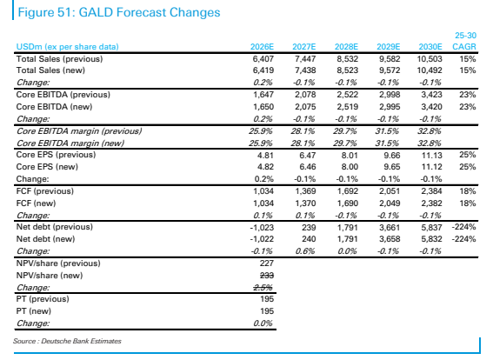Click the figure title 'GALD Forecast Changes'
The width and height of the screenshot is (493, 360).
coord(149,12)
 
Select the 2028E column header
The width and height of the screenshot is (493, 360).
coord(346,47)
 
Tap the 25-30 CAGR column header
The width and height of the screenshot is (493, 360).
coord(464,41)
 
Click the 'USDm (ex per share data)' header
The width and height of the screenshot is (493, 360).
coord(68,47)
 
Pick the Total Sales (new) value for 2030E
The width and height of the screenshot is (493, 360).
coord(430,70)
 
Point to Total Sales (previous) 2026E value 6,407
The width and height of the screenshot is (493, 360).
coord(263,59)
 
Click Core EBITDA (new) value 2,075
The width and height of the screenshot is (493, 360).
coord(305,107)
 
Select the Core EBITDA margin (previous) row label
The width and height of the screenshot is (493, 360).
coord(79,131)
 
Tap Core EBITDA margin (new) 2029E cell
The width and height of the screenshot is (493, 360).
coord(387,143)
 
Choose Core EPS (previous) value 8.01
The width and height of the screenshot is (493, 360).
coord(350,156)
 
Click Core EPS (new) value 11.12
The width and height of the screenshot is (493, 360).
coord(431,167)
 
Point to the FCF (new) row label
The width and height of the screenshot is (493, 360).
coord(37,203)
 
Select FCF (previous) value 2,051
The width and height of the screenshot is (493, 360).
coord(390,191)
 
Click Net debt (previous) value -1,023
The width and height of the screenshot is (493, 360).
coord(262,227)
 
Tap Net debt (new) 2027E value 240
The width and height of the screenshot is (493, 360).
coord(309,239)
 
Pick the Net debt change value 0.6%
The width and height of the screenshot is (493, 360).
coord(304,251)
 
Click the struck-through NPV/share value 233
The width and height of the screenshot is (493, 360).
coord(267,276)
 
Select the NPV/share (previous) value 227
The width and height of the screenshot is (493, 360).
coord(267,263)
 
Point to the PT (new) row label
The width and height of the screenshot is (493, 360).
coord(34,311)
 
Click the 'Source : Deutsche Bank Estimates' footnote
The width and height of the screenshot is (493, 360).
coord(67,341)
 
